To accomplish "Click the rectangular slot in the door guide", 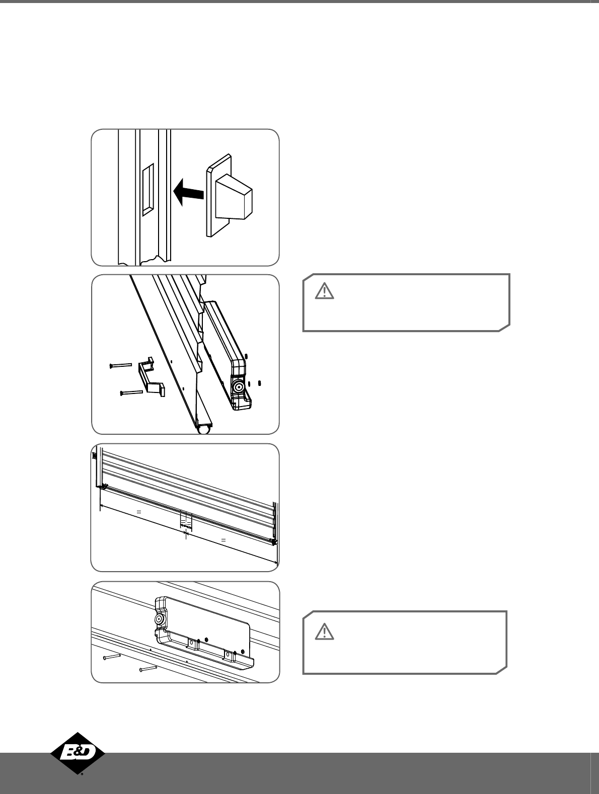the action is coord(148,190).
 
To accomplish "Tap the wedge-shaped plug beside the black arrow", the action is coord(230,196).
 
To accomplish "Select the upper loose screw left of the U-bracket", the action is coord(121,366).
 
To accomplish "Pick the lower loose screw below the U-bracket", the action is coord(131,392).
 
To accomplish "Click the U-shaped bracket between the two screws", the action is coord(152,377).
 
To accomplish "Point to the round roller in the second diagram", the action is coord(239,387).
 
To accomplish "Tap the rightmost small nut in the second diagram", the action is coord(259,383).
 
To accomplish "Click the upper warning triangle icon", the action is coord(324,291).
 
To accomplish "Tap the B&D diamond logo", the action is coord(78,753).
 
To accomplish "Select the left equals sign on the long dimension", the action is coord(138,512).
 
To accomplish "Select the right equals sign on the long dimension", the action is coord(223,540).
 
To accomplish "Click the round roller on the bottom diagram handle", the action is coord(159,619).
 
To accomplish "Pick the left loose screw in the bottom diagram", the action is coord(112,657).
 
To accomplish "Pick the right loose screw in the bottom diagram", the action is coord(148,669).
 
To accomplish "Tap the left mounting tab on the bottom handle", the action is coord(193,644).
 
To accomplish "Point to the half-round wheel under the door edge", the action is coord(204,430).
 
